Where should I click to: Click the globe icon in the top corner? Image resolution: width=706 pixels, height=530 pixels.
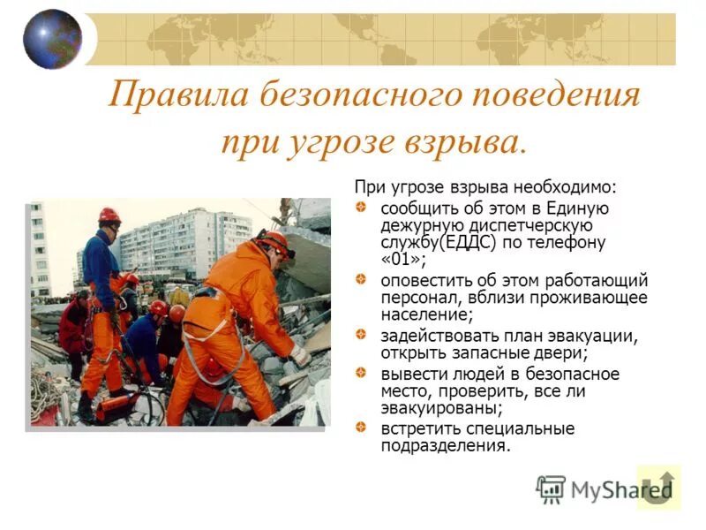(52, 39)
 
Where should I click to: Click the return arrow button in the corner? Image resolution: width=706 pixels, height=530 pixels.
(658, 487)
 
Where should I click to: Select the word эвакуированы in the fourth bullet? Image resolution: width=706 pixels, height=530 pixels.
(441, 408)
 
